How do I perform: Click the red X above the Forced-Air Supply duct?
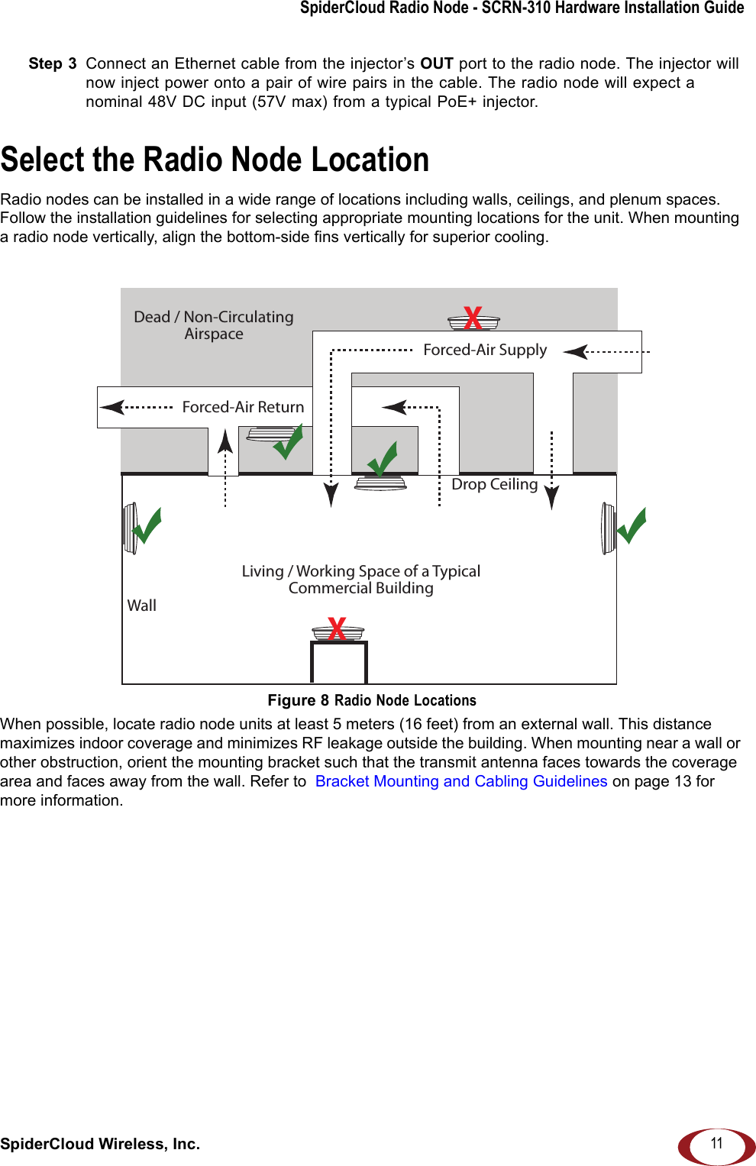(x=473, y=318)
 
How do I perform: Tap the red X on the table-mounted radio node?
(x=337, y=628)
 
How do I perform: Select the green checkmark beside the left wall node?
(x=148, y=525)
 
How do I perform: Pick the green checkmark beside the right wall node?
(x=632, y=525)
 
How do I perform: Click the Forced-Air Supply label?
(x=485, y=350)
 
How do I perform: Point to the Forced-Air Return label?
(x=243, y=407)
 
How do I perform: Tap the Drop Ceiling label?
(x=494, y=484)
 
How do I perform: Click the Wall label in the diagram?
(x=141, y=606)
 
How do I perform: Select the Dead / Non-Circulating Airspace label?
(x=214, y=325)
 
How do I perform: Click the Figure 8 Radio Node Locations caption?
(x=372, y=700)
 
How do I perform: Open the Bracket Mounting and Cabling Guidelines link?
(x=461, y=781)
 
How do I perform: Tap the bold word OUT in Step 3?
(x=437, y=63)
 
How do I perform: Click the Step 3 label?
(x=53, y=63)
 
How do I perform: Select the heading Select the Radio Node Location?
(x=215, y=160)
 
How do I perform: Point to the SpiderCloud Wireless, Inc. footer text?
(x=100, y=1144)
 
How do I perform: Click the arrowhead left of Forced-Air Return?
(x=112, y=407)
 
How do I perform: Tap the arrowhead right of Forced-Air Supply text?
(x=575, y=351)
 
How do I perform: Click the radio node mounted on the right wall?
(x=608, y=528)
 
